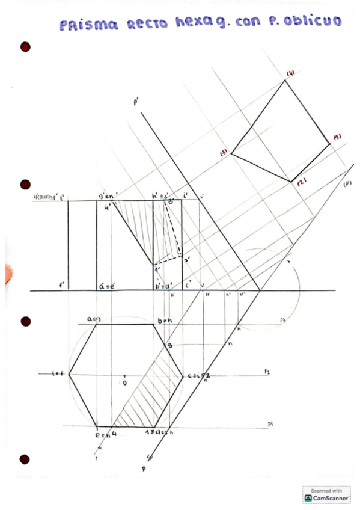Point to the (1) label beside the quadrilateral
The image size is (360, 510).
[337, 137]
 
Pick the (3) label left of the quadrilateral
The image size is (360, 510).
[224, 153]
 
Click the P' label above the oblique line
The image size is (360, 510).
[137, 103]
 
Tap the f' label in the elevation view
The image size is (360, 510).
[62, 284]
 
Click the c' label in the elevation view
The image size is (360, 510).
[188, 284]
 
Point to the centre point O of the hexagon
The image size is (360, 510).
[124, 381]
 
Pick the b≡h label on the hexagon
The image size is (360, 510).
[165, 322]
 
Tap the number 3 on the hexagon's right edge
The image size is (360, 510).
[170, 345]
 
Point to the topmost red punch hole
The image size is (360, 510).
[25, 47]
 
